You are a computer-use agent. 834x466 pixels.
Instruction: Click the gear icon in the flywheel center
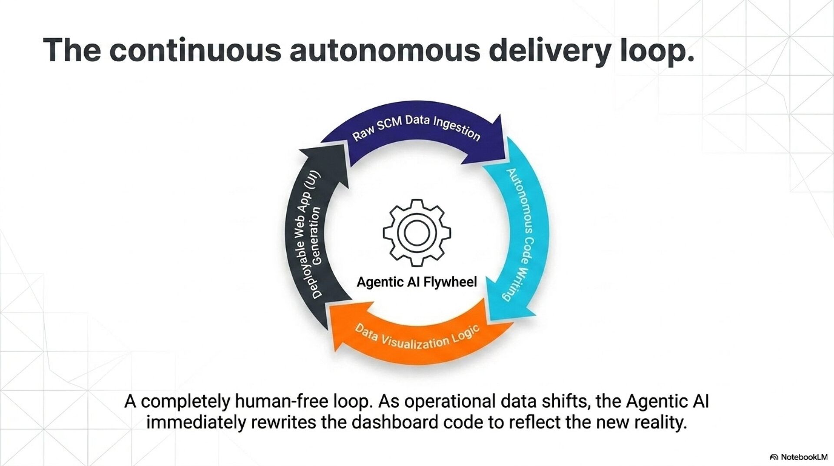click(417, 233)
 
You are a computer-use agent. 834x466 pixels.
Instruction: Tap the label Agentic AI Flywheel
click(417, 282)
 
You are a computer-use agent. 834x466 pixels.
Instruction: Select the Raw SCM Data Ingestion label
click(416, 128)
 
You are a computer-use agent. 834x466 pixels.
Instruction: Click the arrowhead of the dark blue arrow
click(491, 141)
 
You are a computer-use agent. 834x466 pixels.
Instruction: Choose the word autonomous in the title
click(384, 50)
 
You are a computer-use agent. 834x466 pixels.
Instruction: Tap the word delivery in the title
click(549, 50)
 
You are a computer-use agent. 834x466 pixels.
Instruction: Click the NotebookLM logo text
click(804, 457)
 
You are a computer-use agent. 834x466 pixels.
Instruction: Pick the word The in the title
click(72, 50)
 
